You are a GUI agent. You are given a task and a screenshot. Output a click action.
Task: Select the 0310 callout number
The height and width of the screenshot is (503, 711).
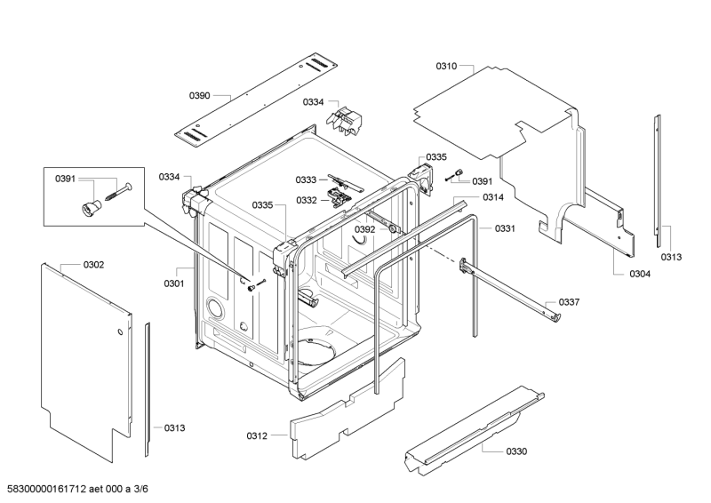tap(446, 67)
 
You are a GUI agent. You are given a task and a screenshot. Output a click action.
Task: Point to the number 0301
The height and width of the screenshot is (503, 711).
tap(173, 284)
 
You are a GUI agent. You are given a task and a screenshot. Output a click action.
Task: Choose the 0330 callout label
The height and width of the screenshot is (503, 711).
tap(516, 451)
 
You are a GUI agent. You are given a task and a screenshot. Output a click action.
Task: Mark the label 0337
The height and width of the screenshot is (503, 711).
tap(569, 302)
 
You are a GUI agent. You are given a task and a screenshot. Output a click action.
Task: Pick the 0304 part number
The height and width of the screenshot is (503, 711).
tap(640, 274)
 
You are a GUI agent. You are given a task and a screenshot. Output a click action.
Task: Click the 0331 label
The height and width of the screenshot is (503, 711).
tap(506, 228)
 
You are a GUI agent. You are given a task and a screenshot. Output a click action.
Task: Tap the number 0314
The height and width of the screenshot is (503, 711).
tap(494, 196)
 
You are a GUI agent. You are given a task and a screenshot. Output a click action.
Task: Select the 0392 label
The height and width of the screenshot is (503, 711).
tap(365, 229)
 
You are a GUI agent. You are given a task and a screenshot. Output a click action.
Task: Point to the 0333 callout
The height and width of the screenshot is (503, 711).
tap(307, 180)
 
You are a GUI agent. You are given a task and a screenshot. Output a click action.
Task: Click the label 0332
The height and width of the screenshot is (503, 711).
tap(307, 200)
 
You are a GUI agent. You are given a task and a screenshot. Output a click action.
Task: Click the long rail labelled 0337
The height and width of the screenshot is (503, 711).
tap(511, 289)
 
